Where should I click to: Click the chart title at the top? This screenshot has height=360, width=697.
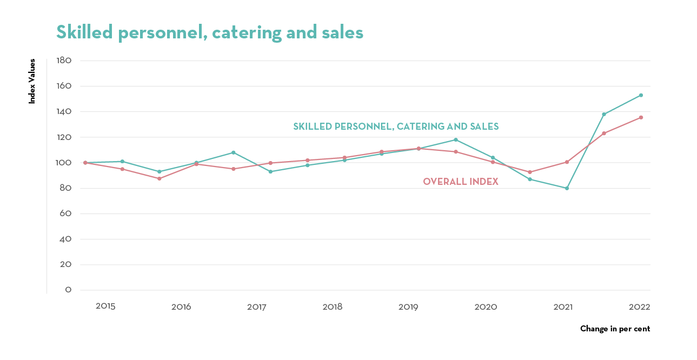pyautogui.click(x=210, y=32)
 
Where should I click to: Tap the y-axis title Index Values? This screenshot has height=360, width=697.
pyautogui.click(x=32, y=81)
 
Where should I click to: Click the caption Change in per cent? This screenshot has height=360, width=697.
pyautogui.click(x=615, y=329)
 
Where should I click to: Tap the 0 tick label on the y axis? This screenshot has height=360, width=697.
pyautogui.click(x=69, y=290)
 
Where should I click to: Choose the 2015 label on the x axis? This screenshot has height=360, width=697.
pyautogui.click(x=105, y=306)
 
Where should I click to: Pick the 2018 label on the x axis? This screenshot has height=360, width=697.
pyautogui.click(x=333, y=307)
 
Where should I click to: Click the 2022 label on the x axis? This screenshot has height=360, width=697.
pyautogui.click(x=639, y=307)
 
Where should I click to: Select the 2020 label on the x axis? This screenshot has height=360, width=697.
pyautogui.click(x=486, y=307)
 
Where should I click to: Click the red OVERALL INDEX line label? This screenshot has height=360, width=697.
pyautogui.click(x=460, y=182)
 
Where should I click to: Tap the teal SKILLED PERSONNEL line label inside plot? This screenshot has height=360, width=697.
pyautogui.click(x=396, y=126)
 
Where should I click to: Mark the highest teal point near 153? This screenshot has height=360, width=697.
pyautogui.click(x=641, y=95)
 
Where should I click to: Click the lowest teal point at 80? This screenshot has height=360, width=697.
pyautogui.click(x=567, y=188)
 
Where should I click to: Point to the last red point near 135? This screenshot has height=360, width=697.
pyautogui.click(x=641, y=117)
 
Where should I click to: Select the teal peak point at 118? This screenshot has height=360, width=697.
pyautogui.click(x=456, y=139)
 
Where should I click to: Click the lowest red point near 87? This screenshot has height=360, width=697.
pyautogui.click(x=160, y=178)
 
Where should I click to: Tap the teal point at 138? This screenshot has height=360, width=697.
pyautogui.click(x=604, y=114)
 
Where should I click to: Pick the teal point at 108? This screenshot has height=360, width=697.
pyautogui.click(x=234, y=152)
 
